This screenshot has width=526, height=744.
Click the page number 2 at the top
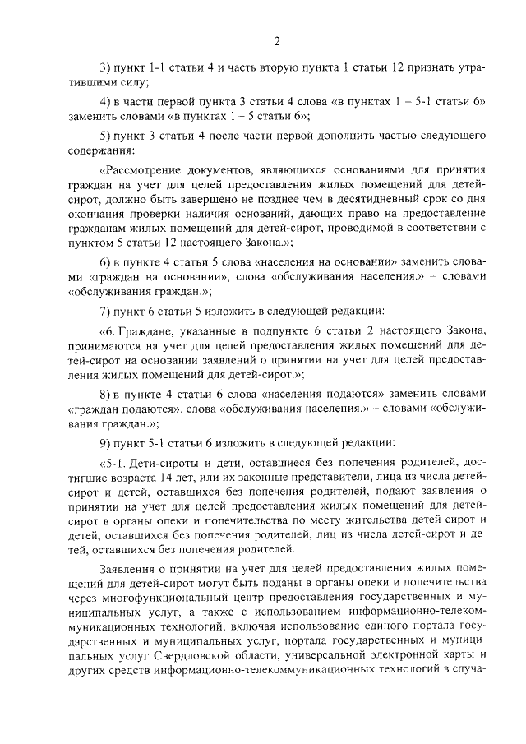tap(277, 41)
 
